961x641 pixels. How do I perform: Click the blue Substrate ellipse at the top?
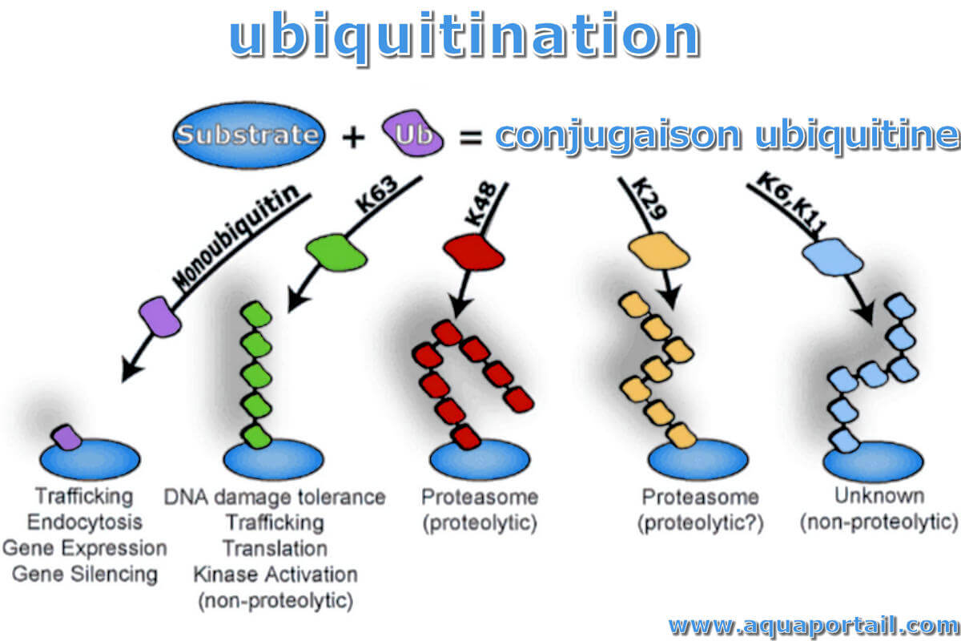coord(249,135)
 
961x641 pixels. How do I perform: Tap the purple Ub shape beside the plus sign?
coord(412,133)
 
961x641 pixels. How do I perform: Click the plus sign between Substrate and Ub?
coord(353,138)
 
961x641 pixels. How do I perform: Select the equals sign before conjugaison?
coord(471,137)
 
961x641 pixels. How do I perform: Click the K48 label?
coord(481,204)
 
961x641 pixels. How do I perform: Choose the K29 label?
coord(649,199)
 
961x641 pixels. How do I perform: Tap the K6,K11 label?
coord(790,202)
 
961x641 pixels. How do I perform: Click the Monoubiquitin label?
coord(235,237)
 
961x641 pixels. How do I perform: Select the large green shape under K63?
coord(337,252)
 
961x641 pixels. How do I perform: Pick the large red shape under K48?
coord(474,252)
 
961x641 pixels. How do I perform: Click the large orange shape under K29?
coord(659,251)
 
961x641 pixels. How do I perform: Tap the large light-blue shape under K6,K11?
coord(833,257)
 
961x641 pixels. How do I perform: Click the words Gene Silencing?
coord(85,574)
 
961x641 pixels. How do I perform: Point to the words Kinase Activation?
coord(275,574)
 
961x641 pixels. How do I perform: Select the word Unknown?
coord(879,496)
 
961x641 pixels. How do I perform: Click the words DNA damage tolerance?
coord(275,497)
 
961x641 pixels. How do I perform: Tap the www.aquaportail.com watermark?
coord(814,626)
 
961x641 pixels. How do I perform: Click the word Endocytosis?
coord(85,522)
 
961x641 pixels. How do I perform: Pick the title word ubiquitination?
coord(465,35)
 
